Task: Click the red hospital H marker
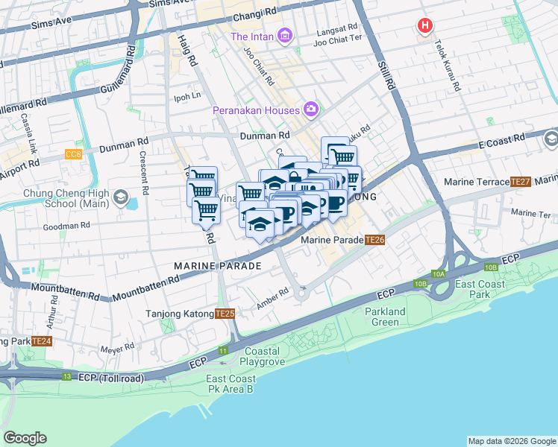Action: [x=425, y=27]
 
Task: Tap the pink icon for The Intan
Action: [x=284, y=35]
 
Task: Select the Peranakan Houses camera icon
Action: [x=311, y=110]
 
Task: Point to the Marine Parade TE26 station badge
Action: [x=375, y=240]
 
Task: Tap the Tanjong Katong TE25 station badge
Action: [x=225, y=314]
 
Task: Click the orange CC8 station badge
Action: [x=73, y=154]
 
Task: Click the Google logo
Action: [x=25, y=438]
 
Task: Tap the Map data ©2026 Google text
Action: [x=511, y=441]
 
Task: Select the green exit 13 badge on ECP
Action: [x=67, y=377]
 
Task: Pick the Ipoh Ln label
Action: [x=187, y=96]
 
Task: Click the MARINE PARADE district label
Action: [x=217, y=266]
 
